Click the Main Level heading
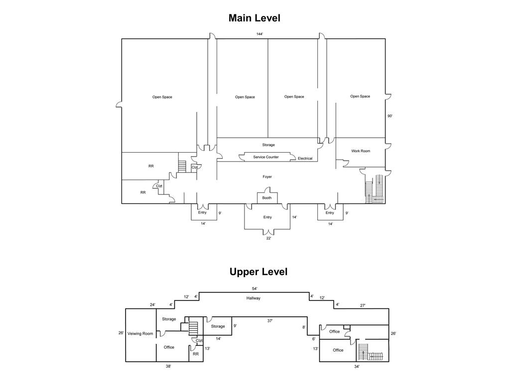coord(255,18)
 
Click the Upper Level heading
coord(258,272)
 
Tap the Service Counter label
coord(266,157)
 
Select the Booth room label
coord(267,198)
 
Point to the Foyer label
coord(267,177)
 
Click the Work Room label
coord(361,151)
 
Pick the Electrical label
coord(305,159)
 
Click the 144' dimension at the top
coord(259,34)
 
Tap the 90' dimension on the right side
coord(390,116)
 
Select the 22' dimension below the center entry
coord(268,238)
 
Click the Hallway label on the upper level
coord(253,298)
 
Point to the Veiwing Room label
coord(140,334)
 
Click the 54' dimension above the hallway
coord(255,289)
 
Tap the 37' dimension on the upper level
coord(269,321)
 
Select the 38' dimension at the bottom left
coord(168,367)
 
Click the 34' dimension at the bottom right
coord(357,367)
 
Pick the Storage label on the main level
coord(268,145)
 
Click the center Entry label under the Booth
coord(267,217)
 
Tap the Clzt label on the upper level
coord(199,341)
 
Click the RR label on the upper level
coord(195,354)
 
